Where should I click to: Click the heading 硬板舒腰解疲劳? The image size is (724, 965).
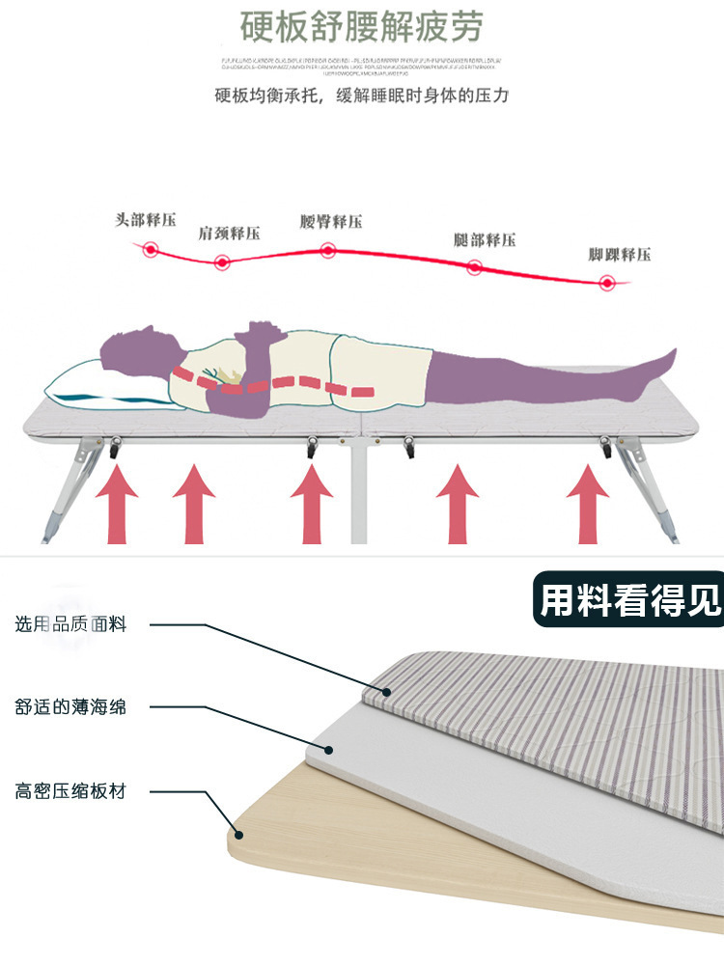(x=361, y=27)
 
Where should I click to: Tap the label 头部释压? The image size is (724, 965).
(x=146, y=220)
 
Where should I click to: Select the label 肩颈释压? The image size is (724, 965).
(x=229, y=233)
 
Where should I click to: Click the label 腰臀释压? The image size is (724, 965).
(x=331, y=222)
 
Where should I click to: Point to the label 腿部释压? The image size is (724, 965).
(x=485, y=239)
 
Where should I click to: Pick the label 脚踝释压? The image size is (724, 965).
(x=620, y=255)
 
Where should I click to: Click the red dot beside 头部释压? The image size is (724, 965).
(x=151, y=250)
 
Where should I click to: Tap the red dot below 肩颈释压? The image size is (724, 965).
(x=222, y=262)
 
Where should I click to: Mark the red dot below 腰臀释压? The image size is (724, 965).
(x=328, y=251)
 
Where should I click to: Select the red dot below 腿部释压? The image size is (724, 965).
(x=474, y=267)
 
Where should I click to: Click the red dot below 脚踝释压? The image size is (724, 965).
(x=607, y=283)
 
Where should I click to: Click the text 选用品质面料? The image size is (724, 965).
(x=70, y=624)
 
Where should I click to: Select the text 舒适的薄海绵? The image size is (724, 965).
(x=70, y=707)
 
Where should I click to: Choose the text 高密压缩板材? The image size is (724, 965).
(x=70, y=792)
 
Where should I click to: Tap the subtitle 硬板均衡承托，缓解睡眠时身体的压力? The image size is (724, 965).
(x=361, y=96)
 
